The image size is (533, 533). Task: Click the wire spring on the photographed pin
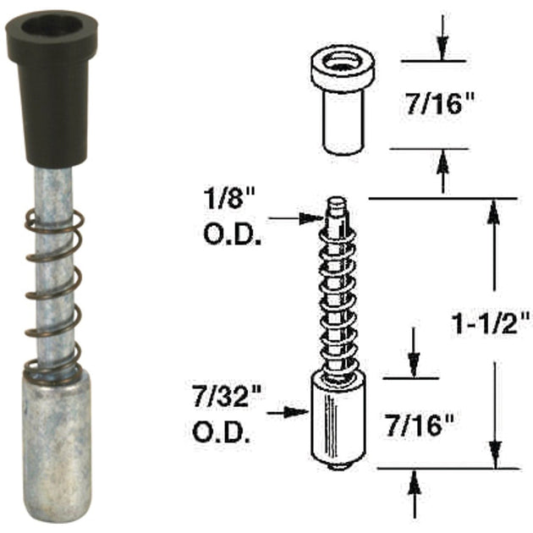coord(52,296)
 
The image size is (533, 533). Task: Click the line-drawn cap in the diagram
coord(343,102)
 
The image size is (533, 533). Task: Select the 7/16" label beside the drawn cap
coord(441,106)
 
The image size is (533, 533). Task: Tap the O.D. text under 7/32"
coord(225,433)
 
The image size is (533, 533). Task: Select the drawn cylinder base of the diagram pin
coord(338,419)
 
